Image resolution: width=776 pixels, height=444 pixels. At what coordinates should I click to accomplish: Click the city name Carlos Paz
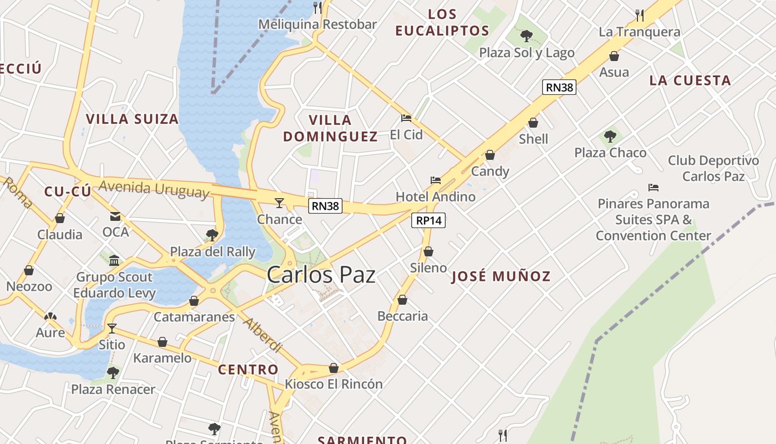(321, 275)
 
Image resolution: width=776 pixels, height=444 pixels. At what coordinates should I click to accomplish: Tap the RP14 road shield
(429, 220)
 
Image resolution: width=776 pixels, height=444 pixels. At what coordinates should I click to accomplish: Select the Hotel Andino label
(435, 196)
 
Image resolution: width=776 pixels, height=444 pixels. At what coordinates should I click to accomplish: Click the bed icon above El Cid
(406, 118)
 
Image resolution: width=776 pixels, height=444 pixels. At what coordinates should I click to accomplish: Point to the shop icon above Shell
(533, 123)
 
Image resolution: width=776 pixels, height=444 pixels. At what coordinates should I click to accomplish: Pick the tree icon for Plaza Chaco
(610, 136)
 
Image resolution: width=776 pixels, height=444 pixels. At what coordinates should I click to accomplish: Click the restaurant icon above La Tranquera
(639, 15)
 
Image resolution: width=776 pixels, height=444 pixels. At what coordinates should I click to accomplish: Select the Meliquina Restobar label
(318, 24)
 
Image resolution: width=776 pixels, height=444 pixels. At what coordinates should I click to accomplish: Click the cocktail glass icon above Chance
(279, 203)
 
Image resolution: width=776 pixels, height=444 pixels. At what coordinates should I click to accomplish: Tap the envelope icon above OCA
(115, 216)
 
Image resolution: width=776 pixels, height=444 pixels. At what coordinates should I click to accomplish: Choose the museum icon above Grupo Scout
(114, 260)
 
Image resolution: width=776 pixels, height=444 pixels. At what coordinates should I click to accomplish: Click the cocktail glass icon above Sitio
(112, 328)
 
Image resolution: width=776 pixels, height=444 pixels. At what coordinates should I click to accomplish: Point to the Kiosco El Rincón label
(334, 384)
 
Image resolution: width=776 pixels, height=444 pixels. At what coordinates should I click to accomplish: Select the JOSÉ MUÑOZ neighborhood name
(501, 276)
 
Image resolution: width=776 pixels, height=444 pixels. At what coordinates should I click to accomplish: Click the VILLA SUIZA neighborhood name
(132, 119)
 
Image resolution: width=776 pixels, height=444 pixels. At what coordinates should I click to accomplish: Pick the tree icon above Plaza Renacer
(113, 372)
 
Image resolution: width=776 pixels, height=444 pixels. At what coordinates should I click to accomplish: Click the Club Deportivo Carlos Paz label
(713, 169)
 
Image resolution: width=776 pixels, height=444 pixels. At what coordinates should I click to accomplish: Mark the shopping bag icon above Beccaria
(402, 300)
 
